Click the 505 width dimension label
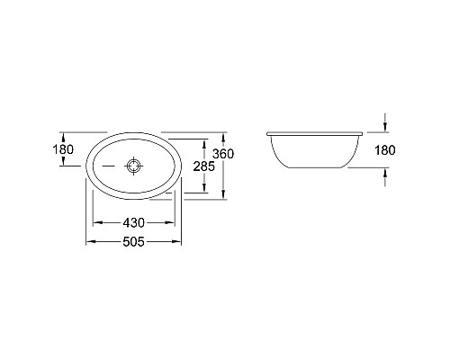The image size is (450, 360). point(134,241)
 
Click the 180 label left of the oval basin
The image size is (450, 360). point(63,149)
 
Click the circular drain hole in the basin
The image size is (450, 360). point(134,166)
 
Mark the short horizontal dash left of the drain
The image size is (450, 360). point(108,166)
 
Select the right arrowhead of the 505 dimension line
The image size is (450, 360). point(182,243)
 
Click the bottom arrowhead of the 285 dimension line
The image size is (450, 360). point(209,191)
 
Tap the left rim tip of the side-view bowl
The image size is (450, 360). point(267,133)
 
